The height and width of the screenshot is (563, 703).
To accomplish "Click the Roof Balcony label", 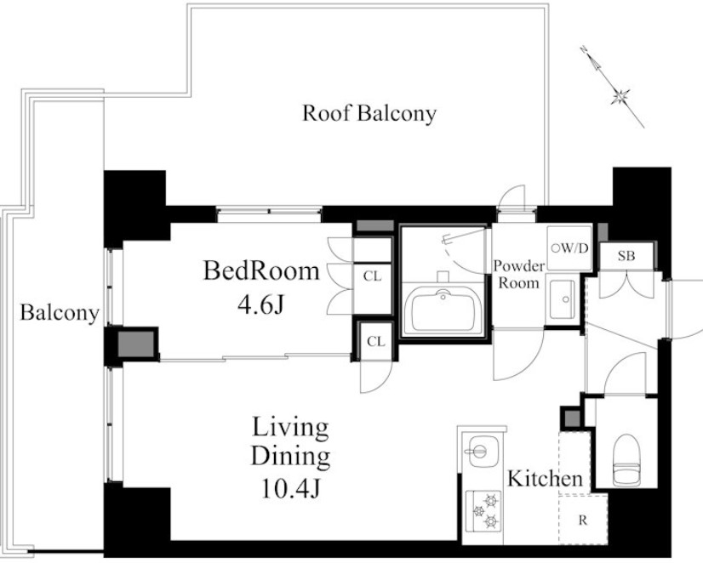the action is point(369,113).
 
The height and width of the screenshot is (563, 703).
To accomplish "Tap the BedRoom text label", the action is point(261,270).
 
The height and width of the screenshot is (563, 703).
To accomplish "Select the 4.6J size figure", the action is point(261,305).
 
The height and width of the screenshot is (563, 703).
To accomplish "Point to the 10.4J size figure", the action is point(290,488).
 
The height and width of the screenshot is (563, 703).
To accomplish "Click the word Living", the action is point(290,428).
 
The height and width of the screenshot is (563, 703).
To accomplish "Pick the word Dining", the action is point(290,457).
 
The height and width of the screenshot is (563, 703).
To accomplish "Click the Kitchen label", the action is point(545,479).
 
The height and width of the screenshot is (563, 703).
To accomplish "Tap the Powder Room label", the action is point(518,274).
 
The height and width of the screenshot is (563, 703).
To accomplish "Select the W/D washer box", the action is point(569,248).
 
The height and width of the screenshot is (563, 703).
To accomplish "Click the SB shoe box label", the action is point(626,256).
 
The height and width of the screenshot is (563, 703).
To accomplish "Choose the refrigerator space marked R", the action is point(583,520).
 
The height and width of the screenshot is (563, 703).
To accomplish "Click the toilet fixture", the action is point(626,460).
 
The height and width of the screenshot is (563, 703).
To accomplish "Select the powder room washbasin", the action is point(563,299).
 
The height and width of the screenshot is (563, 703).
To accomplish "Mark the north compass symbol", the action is point(612,87).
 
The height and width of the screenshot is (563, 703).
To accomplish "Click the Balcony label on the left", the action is point(60,313).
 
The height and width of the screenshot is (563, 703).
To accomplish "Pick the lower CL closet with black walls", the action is point(375,341).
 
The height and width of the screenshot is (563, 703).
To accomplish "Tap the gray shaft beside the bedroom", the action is point(136,344).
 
